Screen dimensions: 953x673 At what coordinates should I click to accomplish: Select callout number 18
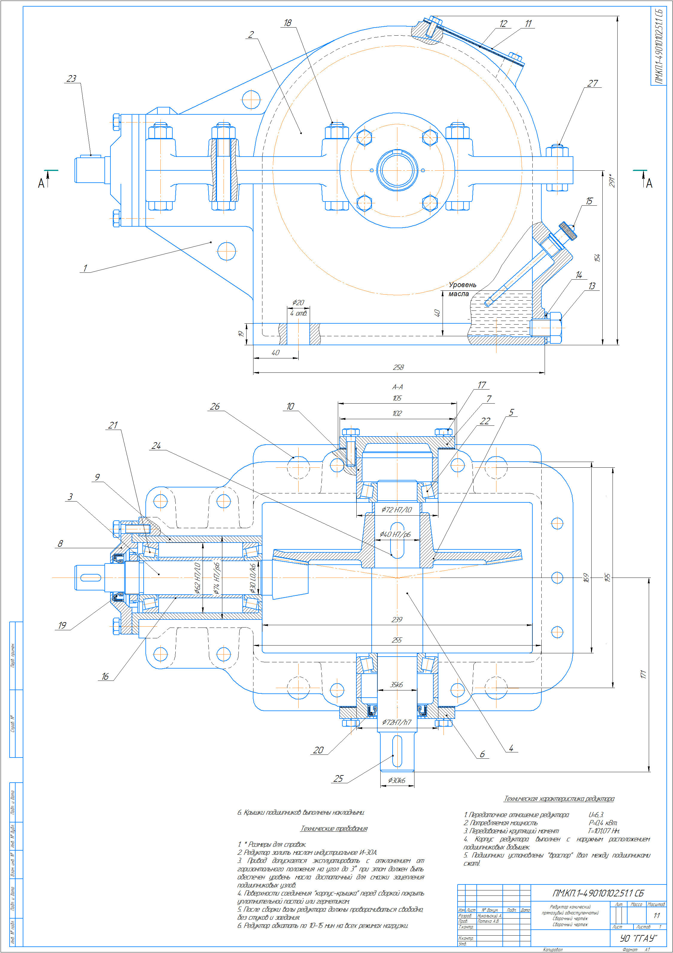[288, 23]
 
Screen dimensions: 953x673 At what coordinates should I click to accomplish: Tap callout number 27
[593, 84]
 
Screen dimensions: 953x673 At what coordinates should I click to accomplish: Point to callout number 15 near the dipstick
[589, 201]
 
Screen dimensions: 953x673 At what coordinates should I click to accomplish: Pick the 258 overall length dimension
[398, 367]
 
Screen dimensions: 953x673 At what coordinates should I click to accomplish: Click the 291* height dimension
[612, 181]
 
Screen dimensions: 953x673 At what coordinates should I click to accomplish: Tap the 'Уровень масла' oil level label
[461, 289]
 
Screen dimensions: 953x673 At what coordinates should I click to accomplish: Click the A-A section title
[397, 387]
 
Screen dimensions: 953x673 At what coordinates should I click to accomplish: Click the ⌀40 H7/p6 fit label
[395, 535]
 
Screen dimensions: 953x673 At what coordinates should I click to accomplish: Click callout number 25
[338, 779]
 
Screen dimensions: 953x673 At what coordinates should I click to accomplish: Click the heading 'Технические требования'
[334, 829]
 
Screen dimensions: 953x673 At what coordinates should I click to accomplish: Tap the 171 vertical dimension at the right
[643, 675]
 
